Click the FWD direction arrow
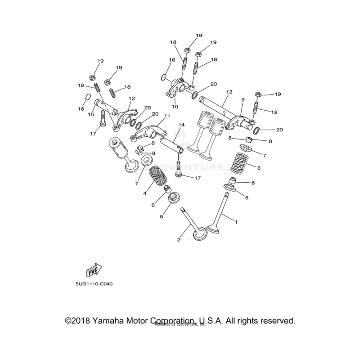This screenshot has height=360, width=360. point(93,270)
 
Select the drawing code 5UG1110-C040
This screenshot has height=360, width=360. point(95,283)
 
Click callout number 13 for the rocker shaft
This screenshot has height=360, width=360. point(229,92)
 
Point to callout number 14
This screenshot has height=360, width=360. point(182,125)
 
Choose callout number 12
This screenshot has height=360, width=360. point(132,98)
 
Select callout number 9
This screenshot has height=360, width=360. point(242,99)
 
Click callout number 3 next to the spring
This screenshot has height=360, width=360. point(258,168)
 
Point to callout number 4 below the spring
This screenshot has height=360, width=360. point(145,193)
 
